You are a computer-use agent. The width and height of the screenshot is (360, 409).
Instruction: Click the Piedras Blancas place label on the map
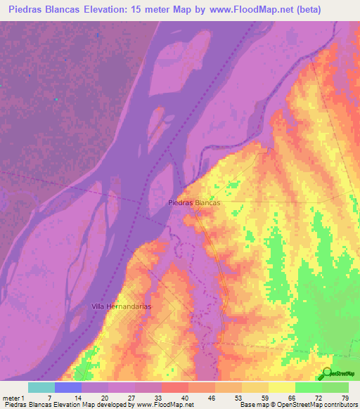[x=195, y=202]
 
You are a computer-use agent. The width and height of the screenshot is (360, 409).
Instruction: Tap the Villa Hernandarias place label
[x=122, y=307]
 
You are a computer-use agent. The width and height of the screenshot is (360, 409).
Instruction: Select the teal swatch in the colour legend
[x=41, y=387]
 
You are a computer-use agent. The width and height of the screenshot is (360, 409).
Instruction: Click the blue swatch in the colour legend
[x=67, y=387]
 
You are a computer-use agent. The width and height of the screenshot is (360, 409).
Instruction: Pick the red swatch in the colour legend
[x=174, y=387]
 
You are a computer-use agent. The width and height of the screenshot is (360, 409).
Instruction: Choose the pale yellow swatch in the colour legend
[x=281, y=387]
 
